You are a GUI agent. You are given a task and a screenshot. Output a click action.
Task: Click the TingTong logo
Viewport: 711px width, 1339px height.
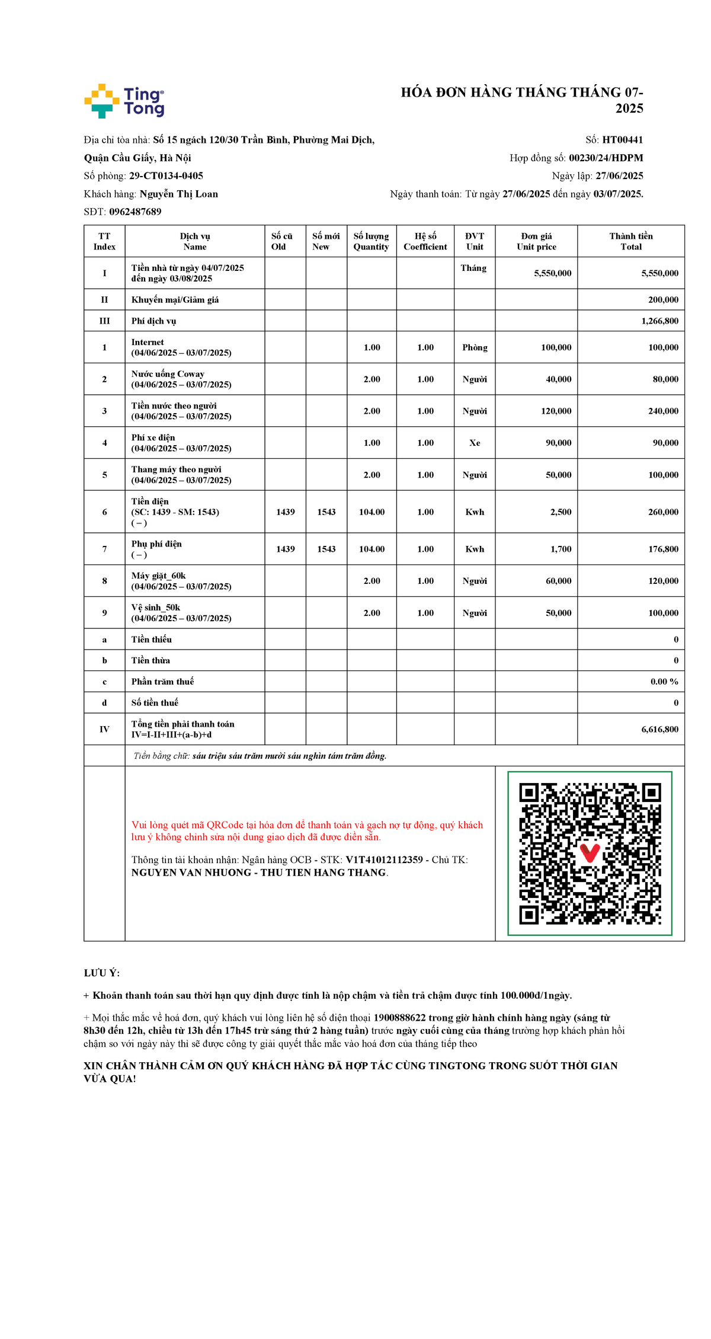coord(124,101)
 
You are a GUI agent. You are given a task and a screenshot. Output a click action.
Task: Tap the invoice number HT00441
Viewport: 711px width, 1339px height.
coord(622,140)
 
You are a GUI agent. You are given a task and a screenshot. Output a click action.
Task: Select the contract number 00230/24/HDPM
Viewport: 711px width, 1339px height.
coord(606,158)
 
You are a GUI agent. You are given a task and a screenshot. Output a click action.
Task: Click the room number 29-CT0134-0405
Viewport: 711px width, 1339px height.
coord(166,176)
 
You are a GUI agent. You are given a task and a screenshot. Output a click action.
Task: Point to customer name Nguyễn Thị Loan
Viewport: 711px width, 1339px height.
coord(178,194)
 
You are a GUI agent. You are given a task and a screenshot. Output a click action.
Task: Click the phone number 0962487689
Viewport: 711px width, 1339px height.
coord(135,212)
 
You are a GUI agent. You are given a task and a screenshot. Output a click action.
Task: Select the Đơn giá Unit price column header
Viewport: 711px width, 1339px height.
coord(536,241)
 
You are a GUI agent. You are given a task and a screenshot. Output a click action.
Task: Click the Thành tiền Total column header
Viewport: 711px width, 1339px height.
coord(630,241)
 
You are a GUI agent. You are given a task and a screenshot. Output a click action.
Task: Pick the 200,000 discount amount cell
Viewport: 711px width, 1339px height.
coord(663,300)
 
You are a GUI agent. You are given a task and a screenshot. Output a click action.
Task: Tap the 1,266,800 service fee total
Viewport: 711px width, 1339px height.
coord(659,321)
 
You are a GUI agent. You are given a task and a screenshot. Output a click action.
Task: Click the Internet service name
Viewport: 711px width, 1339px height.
coord(148,342)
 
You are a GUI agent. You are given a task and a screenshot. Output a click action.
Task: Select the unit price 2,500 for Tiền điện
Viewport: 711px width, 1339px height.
coord(561,512)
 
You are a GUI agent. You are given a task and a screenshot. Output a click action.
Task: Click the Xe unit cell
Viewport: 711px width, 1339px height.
coord(475,443)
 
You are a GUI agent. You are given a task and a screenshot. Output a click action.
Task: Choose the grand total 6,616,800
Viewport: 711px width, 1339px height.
coord(659,730)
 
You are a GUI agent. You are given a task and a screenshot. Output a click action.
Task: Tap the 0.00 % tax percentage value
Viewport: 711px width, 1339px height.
coord(664,682)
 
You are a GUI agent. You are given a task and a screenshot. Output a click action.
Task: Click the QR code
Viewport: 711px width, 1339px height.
coord(590,854)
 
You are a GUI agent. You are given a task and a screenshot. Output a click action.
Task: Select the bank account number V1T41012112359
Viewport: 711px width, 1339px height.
coord(384,860)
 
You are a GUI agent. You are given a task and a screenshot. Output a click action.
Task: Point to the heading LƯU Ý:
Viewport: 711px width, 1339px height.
coord(102,973)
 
